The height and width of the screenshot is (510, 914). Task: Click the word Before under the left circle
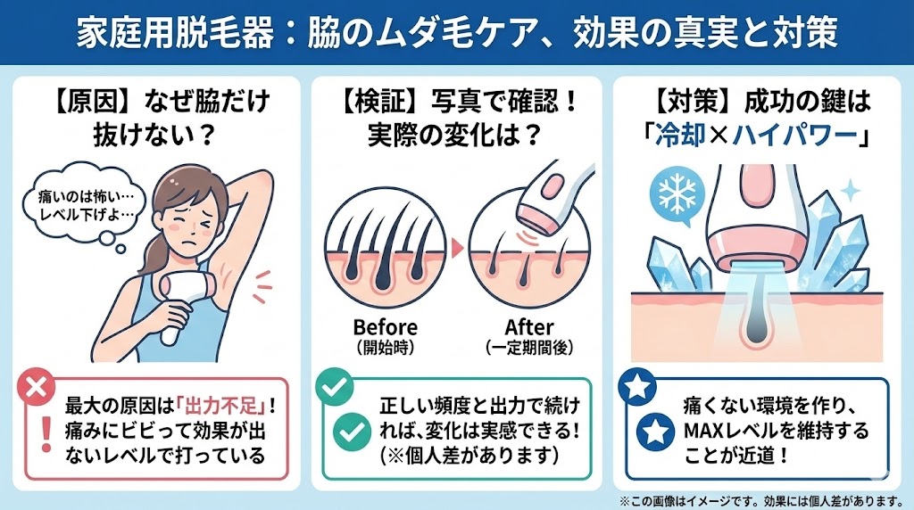point(386,327)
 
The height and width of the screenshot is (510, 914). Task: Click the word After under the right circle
point(529,327)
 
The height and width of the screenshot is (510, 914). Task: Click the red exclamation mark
point(46,434)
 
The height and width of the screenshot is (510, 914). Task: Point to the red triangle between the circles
point(457,249)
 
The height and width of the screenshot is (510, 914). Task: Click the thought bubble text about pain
point(86,205)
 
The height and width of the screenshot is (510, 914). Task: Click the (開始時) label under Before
point(386,348)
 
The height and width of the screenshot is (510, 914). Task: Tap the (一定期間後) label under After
point(529,348)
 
